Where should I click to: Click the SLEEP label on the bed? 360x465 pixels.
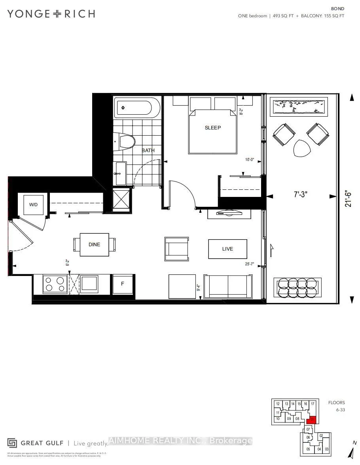point(212,128)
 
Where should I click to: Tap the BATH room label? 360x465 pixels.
point(148,150)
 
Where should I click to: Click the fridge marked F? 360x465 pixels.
point(122,284)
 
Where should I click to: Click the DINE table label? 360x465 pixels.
point(94,244)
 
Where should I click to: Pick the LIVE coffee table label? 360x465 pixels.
point(227,249)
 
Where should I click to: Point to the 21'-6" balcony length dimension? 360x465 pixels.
point(348,196)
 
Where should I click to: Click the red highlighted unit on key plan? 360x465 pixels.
point(312,420)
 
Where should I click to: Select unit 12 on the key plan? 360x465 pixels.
point(278,404)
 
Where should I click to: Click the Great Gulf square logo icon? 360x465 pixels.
point(12,442)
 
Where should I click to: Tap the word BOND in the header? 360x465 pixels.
point(338,8)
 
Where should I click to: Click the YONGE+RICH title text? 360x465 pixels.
point(51,13)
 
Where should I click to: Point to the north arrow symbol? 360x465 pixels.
point(351,451)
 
